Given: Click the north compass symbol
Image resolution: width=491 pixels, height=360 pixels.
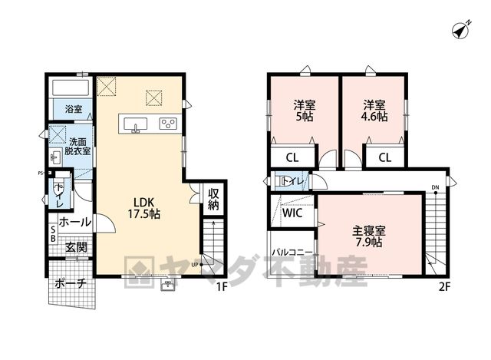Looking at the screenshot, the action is [x=461, y=30].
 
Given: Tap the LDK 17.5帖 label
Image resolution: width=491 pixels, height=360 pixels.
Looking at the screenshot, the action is [x=144, y=208].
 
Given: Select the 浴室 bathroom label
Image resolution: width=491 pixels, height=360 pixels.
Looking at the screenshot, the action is [x=74, y=109].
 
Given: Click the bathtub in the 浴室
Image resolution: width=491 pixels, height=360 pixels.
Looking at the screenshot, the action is [x=71, y=88].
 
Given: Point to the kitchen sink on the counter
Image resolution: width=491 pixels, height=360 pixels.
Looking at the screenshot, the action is [x=135, y=124].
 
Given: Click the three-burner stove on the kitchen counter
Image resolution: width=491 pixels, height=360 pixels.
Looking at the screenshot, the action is [x=169, y=124].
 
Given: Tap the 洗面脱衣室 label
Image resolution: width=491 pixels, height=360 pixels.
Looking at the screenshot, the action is [x=77, y=146].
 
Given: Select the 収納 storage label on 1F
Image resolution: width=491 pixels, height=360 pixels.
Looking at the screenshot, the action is [x=213, y=199].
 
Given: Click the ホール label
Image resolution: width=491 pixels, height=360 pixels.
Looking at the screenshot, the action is [x=75, y=222].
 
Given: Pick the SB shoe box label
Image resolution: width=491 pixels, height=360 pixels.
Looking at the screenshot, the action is [x=53, y=234].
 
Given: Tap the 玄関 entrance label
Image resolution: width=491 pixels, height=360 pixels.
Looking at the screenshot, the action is [x=76, y=247].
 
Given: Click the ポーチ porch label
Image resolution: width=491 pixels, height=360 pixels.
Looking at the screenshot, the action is [x=71, y=283].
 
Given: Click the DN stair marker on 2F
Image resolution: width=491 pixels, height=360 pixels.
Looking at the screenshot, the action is [x=435, y=187].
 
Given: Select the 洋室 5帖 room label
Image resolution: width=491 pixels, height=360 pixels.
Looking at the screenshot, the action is [x=305, y=111].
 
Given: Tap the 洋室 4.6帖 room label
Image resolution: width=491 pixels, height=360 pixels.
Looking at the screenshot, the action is [x=374, y=111].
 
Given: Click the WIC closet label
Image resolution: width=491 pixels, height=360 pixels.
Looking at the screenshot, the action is [x=292, y=213].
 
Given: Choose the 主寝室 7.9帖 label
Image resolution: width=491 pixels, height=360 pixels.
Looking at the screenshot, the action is [x=369, y=236].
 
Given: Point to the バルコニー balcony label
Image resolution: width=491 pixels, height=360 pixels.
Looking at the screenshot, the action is [x=292, y=253].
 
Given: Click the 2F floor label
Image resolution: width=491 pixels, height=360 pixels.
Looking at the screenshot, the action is [x=444, y=286].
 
